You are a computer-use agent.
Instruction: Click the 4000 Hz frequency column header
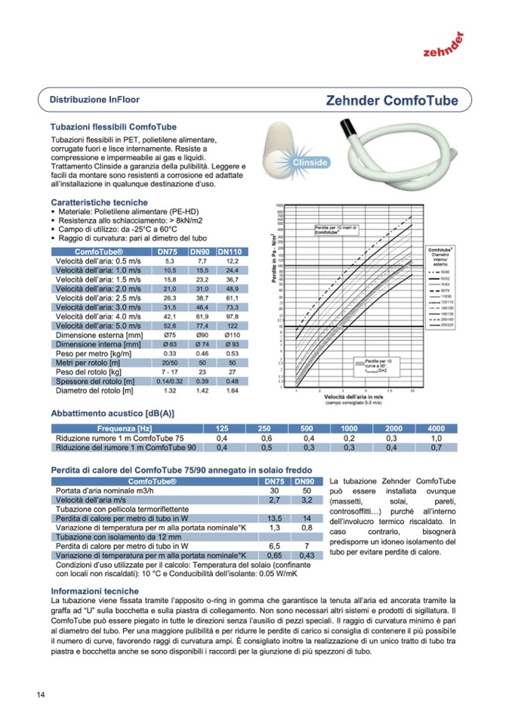[436, 428]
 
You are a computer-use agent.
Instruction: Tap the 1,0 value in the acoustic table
[436, 438]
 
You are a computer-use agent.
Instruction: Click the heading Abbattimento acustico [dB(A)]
[112, 414]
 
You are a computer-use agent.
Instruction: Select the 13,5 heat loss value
[275, 519]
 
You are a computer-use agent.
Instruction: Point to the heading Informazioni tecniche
[94, 590]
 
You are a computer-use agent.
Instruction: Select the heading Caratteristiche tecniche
[99, 203]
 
